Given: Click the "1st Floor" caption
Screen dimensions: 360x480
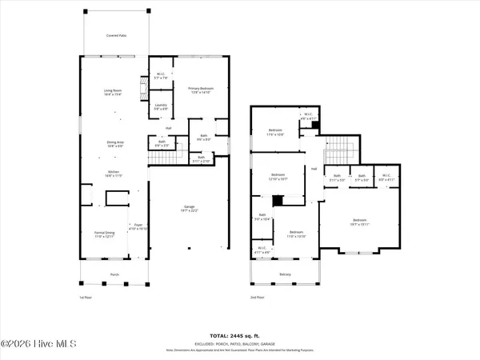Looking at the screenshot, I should [x=86, y=298].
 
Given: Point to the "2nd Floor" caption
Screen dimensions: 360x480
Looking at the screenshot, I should [x=255, y=298].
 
